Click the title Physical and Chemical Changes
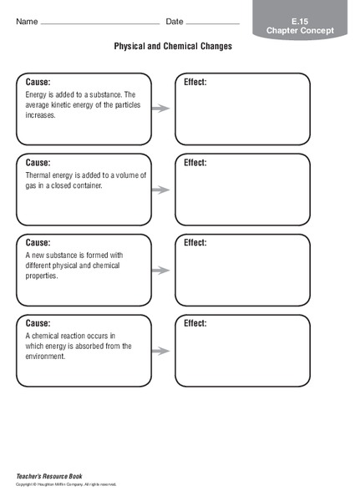point(173,47)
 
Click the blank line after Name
point(99,23)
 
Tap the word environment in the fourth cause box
point(46,356)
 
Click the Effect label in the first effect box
point(195,83)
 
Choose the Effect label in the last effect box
point(195,323)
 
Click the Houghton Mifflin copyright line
point(67,484)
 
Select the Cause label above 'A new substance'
point(38,243)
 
